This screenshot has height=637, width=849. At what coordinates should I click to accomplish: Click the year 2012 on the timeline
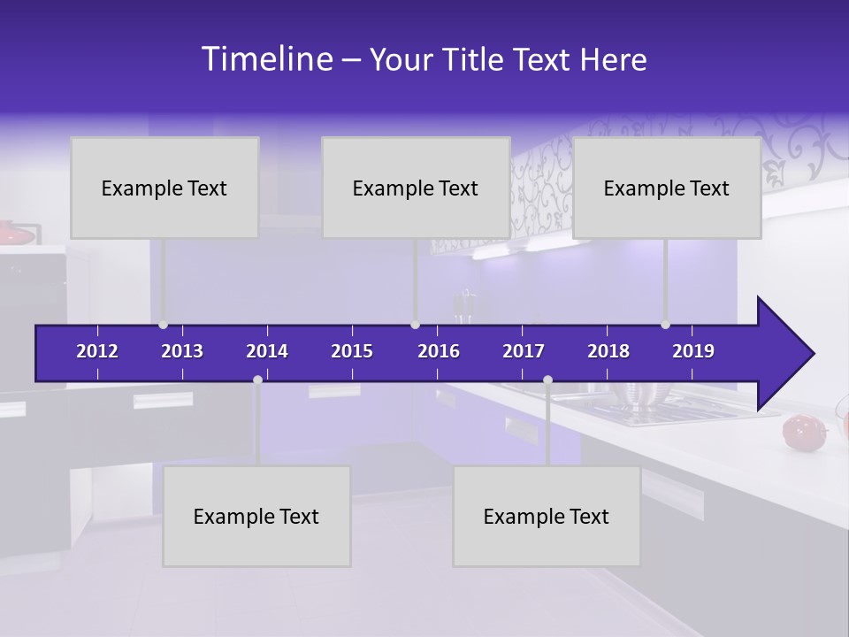(x=97, y=351)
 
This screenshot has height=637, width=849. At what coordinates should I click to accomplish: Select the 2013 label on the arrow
(x=182, y=351)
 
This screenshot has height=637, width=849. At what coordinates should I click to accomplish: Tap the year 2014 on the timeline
(x=267, y=351)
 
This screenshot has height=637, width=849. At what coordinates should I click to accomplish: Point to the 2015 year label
(x=352, y=351)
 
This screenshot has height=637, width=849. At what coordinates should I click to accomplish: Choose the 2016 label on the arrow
(x=439, y=351)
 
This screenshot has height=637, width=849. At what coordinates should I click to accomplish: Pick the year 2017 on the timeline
(x=524, y=351)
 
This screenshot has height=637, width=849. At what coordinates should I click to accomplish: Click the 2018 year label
(x=608, y=351)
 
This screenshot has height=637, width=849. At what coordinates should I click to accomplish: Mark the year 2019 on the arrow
(x=693, y=351)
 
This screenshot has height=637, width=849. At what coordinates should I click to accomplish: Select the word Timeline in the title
(x=266, y=59)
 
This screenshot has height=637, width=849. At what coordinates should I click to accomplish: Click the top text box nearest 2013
(x=164, y=188)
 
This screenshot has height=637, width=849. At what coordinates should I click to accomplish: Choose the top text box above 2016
(x=416, y=188)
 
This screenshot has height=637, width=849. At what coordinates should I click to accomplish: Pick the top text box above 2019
(x=667, y=188)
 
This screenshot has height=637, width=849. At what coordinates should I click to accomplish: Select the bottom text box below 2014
(x=256, y=516)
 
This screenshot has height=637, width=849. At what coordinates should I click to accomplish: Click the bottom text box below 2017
(x=547, y=516)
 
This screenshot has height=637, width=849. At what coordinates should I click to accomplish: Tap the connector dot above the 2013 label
(x=164, y=325)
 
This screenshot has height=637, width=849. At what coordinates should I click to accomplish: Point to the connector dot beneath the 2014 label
(x=257, y=380)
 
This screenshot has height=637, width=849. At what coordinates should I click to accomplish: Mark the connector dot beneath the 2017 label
(x=547, y=380)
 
